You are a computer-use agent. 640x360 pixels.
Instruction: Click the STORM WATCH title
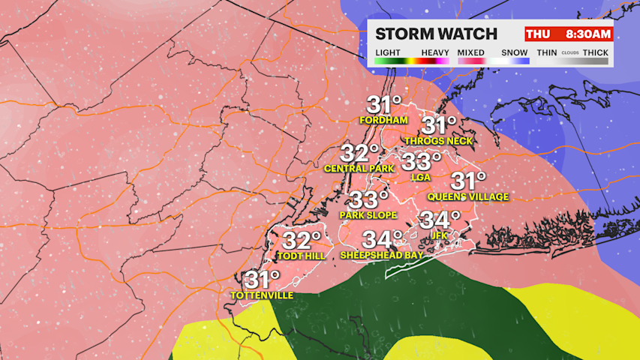click(436, 34)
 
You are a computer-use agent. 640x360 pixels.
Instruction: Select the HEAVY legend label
click(435, 52)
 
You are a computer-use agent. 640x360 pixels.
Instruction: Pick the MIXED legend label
click(471, 52)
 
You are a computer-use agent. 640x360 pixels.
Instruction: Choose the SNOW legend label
click(515, 52)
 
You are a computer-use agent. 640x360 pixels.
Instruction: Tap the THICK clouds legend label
click(596, 52)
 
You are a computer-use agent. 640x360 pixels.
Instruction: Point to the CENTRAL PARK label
click(359, 169)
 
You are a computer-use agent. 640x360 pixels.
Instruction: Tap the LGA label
click(422, 177)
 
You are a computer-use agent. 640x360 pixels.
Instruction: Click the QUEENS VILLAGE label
click(468, 196)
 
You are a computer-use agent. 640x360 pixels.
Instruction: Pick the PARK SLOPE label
click(368, 215)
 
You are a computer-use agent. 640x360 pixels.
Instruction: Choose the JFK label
click(439, 235)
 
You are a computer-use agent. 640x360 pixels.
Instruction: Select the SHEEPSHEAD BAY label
click(382, 255)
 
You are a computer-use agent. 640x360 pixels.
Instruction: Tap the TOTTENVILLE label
click(262, 295)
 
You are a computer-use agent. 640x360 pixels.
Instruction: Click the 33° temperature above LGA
click(422, 161)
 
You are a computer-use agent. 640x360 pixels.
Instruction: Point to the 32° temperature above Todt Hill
click(301, 241)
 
